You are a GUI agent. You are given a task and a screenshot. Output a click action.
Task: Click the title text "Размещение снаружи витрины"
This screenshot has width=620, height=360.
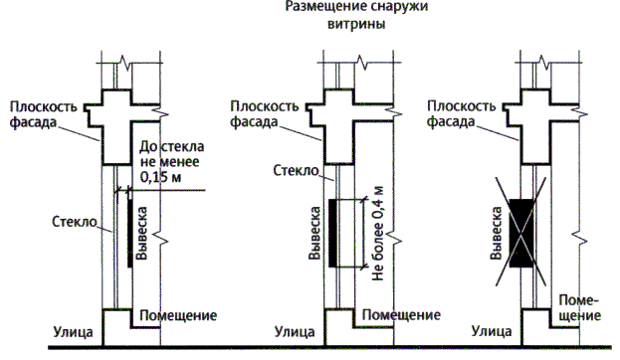point(356,15)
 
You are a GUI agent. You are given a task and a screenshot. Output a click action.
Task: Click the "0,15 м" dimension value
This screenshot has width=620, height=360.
point(160,177)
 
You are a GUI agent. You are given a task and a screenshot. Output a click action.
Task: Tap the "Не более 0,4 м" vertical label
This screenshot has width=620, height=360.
point(377,233)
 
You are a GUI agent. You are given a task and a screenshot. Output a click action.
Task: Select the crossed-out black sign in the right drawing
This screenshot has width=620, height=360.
point(521,233)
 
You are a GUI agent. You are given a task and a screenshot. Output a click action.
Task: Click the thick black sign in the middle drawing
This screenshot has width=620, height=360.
point(332,233)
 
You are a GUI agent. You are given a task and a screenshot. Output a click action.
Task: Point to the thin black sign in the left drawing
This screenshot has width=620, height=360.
point(130,233)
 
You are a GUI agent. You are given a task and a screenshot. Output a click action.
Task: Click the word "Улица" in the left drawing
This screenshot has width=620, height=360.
point(74,332)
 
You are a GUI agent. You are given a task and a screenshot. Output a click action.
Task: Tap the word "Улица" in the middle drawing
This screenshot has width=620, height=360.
point(295,332)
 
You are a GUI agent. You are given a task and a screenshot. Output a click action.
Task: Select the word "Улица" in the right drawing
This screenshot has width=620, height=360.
point(492,331)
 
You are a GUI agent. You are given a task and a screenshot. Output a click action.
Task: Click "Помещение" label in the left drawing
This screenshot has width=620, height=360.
point(178,315)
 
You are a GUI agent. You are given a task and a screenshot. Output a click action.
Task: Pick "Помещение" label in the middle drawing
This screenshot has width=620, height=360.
point(401,315)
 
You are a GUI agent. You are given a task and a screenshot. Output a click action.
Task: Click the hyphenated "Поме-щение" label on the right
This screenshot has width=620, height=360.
point(579,308)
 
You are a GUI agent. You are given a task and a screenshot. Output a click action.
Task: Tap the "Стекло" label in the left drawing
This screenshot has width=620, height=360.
point(75,222)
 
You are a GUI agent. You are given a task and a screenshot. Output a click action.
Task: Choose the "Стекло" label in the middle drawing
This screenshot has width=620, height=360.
point(296,171)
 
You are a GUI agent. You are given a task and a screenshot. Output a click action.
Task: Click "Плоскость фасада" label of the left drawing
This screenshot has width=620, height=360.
point(44,114)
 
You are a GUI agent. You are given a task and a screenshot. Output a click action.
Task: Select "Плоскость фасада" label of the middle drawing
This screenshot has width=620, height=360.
point(264,113)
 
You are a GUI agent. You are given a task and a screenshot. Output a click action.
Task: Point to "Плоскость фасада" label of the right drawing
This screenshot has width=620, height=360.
point(461,113)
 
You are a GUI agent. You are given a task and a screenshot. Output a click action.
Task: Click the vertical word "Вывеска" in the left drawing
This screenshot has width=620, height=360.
point(141,233)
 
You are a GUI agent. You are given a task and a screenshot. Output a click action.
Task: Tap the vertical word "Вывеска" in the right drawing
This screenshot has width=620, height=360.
point(496,233)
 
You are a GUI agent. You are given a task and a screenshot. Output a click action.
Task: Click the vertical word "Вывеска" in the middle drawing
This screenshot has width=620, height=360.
point(314,233)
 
